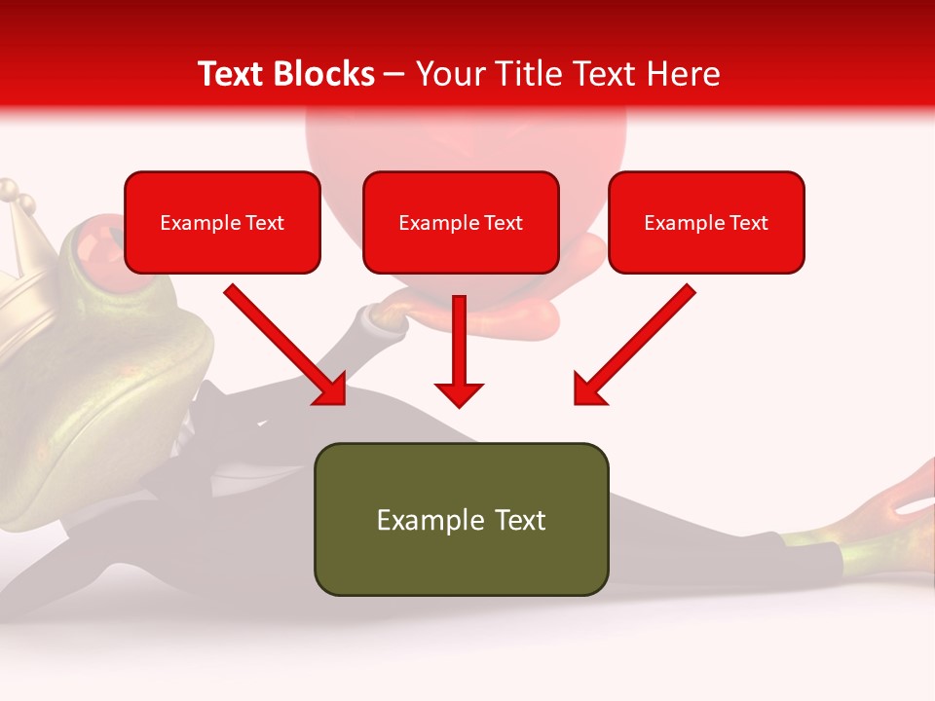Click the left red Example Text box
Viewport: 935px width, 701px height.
click(222, 222)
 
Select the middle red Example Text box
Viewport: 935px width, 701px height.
click(461, 222)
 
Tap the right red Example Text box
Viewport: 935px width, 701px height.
click(706, 222)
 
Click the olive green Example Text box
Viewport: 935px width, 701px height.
click(461, 519)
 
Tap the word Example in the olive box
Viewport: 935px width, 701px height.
click(417, 520)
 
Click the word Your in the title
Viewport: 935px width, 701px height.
click(447, 74)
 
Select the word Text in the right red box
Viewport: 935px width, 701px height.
click(747, 223)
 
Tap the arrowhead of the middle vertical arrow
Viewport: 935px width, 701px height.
click(459, 393)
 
